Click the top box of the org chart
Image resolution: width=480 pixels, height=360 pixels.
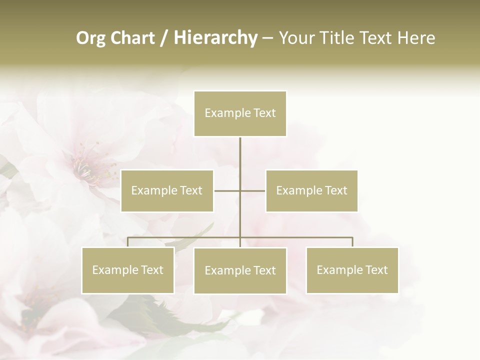click(240, 113)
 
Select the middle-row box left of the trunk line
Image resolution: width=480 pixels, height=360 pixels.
click(167, 190)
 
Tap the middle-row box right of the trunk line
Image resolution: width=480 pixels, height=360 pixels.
click(311, 190)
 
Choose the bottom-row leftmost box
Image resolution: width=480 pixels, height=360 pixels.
click(128, 270)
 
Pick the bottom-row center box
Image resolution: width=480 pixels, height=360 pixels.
click(240, 270)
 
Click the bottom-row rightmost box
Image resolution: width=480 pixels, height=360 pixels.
click(352, 270)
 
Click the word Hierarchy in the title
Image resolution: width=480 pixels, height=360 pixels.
click(215, 38)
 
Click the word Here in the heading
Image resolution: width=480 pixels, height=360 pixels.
click(417, 38)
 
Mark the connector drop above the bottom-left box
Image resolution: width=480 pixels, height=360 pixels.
click(128, 242)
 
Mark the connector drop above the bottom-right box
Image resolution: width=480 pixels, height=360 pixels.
click(352, 242)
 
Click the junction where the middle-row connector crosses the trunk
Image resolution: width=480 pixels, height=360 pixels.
click(240, 190)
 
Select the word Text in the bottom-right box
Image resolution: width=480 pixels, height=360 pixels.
click(376, 270)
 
